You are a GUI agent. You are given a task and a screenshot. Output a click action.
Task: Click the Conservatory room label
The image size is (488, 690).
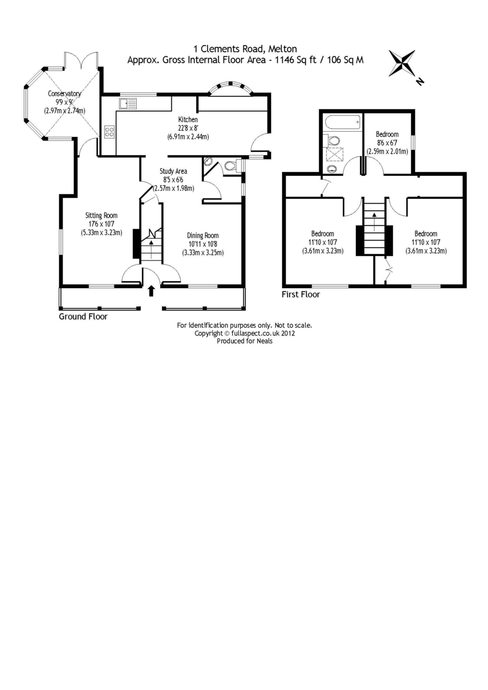coord(64,94)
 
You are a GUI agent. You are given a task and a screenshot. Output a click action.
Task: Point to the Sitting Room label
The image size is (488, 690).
coord(102,216)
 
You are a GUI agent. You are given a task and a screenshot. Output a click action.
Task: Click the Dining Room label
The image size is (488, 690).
coord(203,235)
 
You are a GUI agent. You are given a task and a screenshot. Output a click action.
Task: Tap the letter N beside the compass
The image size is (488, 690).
coord(420,82)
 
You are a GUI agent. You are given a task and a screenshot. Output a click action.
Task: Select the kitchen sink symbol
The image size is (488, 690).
coord(128,104)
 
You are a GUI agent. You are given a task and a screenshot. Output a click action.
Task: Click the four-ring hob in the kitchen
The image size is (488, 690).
coord(109,132)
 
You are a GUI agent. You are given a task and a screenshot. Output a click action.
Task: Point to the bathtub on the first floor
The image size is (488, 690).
coord(342,122)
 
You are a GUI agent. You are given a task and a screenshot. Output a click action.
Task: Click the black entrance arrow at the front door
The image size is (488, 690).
coord(151,290)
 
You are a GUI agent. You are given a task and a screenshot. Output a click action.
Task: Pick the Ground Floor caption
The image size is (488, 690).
coord(83,317)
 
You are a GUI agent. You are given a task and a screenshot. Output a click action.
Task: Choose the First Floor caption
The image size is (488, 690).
coord(301,294)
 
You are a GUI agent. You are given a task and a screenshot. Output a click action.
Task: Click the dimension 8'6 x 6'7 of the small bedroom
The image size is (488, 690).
coord(387,143)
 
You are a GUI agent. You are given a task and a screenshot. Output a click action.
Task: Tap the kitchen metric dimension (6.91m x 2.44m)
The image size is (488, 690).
coord(188,137)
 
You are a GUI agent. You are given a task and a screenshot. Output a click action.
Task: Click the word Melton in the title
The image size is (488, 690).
coord(280,49)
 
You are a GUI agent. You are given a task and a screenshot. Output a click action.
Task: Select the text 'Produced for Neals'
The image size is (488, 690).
coord(244,340)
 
